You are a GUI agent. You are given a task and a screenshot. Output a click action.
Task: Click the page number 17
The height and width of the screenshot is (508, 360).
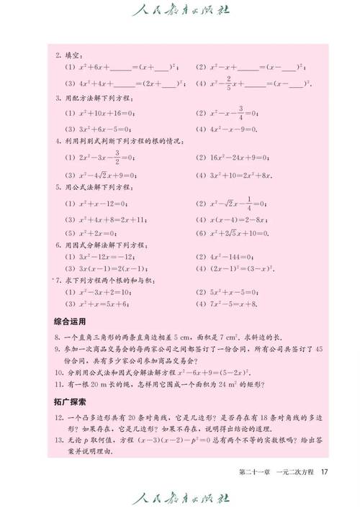(325, 472)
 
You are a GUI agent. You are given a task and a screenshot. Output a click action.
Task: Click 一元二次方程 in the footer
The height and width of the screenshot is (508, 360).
(294, 472)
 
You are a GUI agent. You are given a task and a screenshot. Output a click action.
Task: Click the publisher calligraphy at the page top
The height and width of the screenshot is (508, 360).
(179, 11)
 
